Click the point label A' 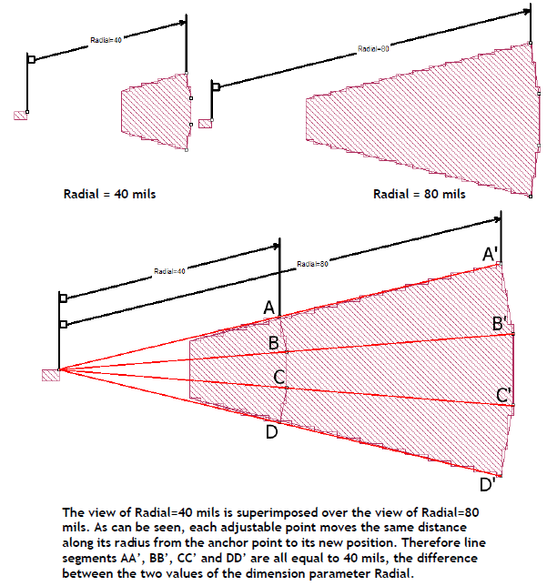491,254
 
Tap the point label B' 500,324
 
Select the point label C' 503,395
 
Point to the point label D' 488,485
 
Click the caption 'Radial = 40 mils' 109,194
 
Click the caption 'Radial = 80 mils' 420,194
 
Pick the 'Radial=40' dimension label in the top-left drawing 106,40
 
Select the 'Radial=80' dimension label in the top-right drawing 373,48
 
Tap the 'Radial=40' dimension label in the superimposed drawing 169,271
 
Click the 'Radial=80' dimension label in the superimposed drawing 312,264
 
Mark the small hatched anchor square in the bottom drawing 51,375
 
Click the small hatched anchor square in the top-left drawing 21,116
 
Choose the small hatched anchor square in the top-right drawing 206,124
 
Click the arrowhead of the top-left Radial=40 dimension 182,23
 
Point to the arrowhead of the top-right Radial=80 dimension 526,11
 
